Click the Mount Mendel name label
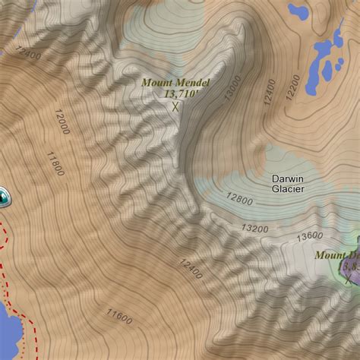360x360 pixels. tap(175, 82)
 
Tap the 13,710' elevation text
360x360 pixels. tap(180, 93)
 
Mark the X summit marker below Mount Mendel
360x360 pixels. tap(176, 107)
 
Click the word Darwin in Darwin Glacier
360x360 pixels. tap(288, 178)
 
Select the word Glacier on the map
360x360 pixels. tap(288, 189)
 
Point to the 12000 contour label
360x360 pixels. tap(62, 121)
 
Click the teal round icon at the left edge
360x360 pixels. tap(4, 197)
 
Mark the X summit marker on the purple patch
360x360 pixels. tap(349, 279)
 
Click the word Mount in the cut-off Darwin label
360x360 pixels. tap(330, 255)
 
